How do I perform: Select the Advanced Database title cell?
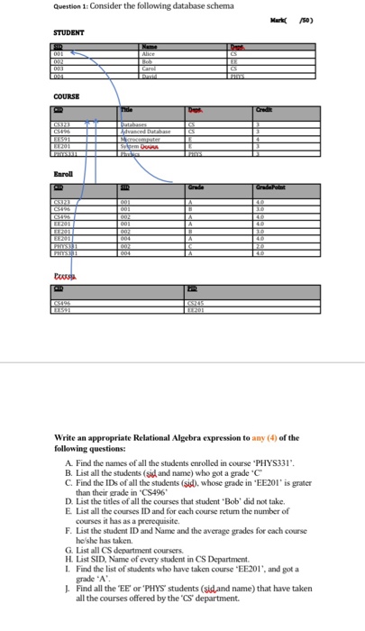tap(151, 129)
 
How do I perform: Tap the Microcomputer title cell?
tap(148, 136)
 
